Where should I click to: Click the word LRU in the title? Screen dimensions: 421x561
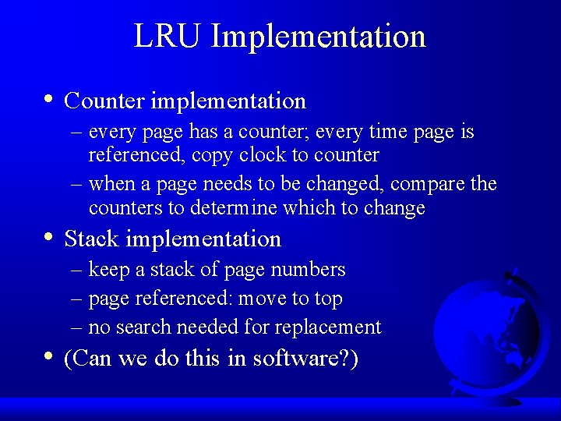168,37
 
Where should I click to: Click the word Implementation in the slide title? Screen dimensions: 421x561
318,37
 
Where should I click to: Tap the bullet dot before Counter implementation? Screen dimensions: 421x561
49,99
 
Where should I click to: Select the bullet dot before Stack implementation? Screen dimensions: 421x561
49,237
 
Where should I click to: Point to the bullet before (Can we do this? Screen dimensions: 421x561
49,356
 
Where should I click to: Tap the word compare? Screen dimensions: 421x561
428,184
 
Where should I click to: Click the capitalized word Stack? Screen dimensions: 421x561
92,239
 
